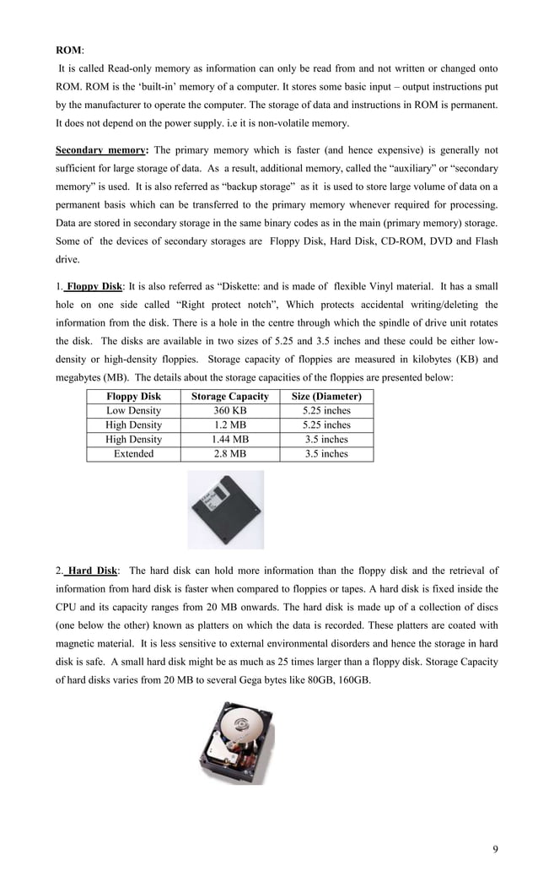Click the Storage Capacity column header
(229, 396)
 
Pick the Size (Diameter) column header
(325, 396)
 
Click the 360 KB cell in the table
(229, 410)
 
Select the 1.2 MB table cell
(229, 425)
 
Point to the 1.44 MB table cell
(229, 439)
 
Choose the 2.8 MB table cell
(229, 453)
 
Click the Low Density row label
(133, 410)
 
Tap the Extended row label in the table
(133, 453)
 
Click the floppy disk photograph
(225, 509)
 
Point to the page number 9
(495, 848)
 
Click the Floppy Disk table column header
(133, 396)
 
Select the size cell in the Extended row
(325, 453)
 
